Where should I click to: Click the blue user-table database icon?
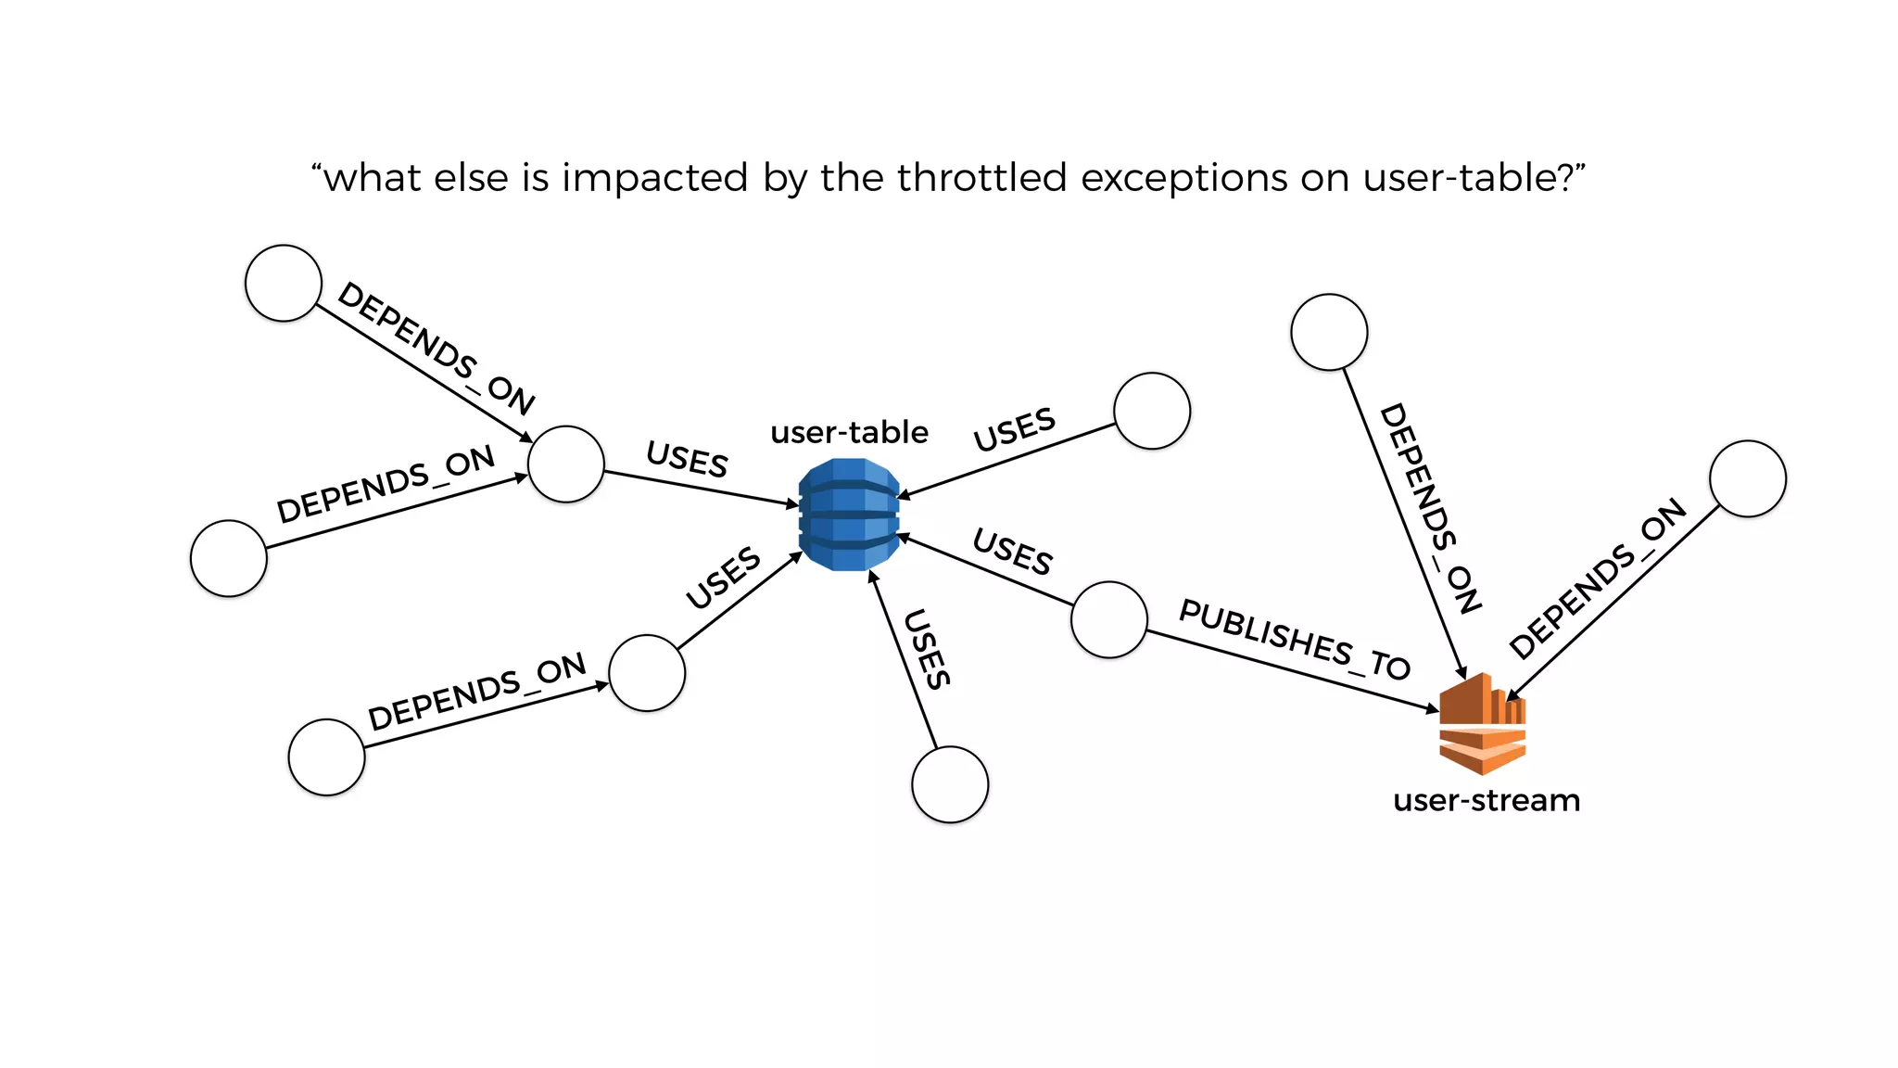click(x=849, y=515)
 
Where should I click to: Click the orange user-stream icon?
click(x=1482, y=724)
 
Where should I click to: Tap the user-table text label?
click(x=849, y=432)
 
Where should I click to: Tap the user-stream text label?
click(x=1486, y=799)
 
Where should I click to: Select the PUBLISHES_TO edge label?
click(x=1294, y=640)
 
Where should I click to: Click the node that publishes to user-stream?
click(x=1108, y=619)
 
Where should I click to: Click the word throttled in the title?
click(x=981, y=177)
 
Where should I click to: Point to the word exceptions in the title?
click(x=1183, y=177)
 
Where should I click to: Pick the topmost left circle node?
click(x=284, y=283)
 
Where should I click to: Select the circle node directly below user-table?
click(x=950, y=784)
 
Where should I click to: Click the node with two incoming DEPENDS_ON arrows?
click(x=565, y=464)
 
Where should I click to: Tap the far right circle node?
click(x=1747, y=478)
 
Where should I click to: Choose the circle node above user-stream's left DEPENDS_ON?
click(x=1328, y=332)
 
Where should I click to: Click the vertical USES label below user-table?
click(x=927, y=649)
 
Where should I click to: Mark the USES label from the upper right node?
click(x=1014, y=429)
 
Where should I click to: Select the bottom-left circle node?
click(x=326, y=756)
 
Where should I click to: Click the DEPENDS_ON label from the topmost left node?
click(x=436, y=348)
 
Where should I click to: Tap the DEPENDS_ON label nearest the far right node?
click(x=1597, y=578)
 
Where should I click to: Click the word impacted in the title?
click(x=654, y=177)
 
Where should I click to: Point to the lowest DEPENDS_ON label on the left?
click(x=476, y=692)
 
